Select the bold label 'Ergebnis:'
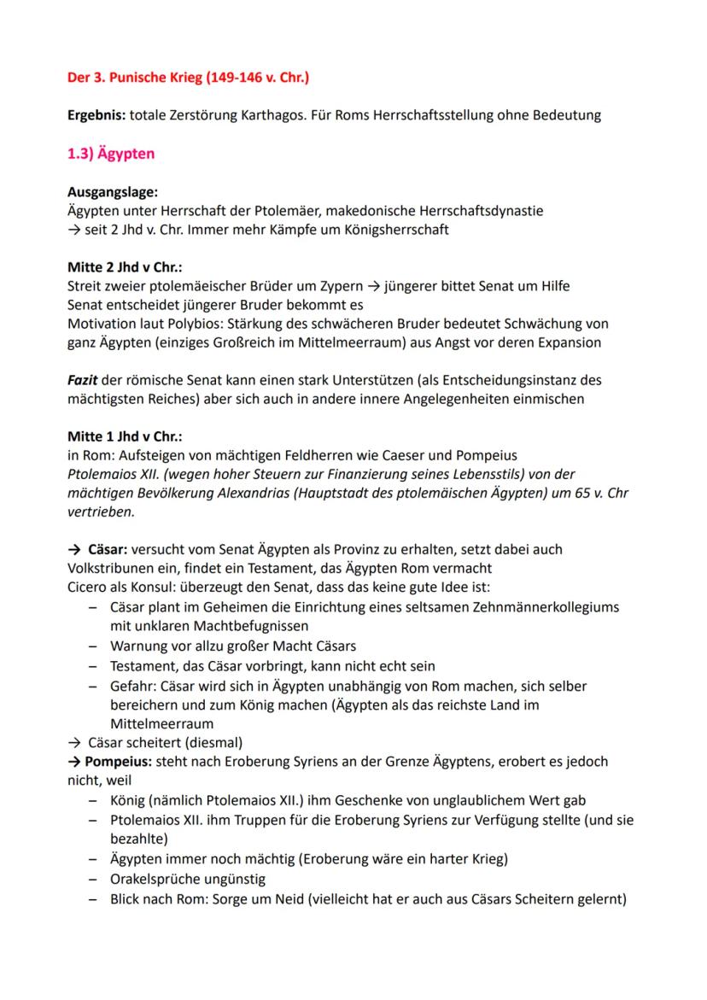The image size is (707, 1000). click(x=98, y=115)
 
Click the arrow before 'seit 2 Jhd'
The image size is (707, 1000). click(x=73, y=231)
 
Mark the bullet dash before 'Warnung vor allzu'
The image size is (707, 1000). click(x=91, y=646)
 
